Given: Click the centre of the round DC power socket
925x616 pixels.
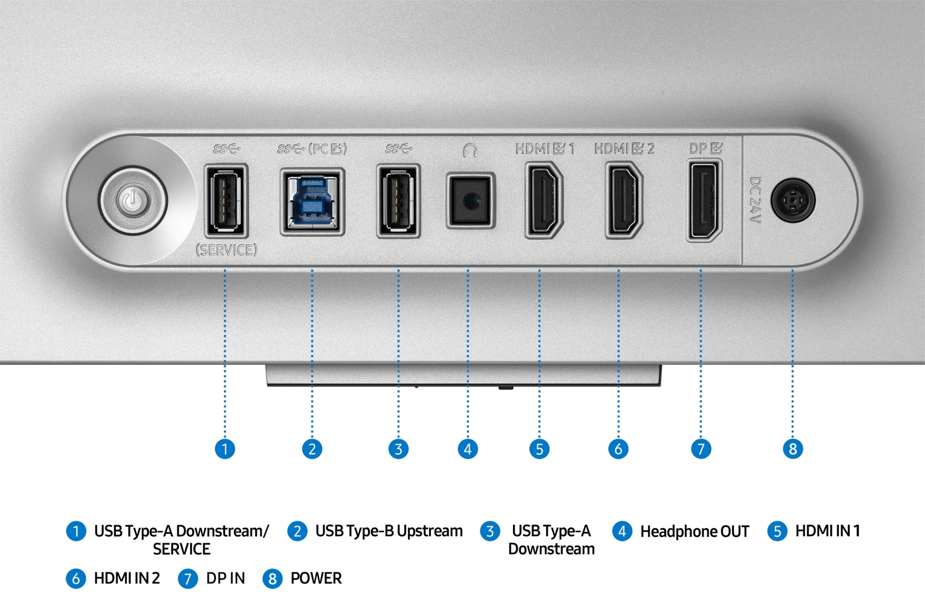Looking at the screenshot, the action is pos(793,200).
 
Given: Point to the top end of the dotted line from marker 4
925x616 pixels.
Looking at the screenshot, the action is pos(468,270).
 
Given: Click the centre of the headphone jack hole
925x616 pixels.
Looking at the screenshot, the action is pos(471,200).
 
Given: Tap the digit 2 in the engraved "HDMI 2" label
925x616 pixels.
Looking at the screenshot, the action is pos(650,149).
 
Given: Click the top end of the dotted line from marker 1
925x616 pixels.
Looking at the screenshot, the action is pos(225,270).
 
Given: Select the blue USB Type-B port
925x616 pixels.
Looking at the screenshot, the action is pos(312,202).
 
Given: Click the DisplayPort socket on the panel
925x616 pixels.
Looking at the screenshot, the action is pos(703,201).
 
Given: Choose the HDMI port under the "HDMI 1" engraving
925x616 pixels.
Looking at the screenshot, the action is pos(544,200).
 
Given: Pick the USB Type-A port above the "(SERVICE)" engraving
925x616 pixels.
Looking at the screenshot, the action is pos(225,201).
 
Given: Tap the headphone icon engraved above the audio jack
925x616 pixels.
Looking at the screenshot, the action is pos(470,150).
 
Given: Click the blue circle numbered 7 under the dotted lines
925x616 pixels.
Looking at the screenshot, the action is pos(701,449).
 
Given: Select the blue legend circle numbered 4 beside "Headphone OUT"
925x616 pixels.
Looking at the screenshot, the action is pos(622,531).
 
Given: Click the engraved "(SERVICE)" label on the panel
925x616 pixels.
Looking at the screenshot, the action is pos(226,250).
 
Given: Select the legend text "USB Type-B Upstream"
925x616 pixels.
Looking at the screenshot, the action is pos(389,531).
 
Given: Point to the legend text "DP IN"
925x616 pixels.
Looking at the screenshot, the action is pos(225,578).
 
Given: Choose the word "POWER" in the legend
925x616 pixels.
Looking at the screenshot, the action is pos(316,578).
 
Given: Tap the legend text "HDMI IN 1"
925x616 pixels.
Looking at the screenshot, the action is pos(827,531).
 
